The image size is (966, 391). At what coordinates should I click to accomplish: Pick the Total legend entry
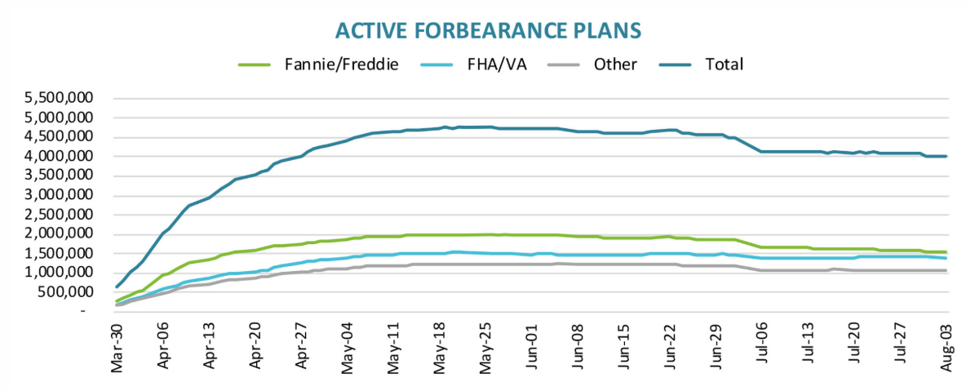click(721, 64)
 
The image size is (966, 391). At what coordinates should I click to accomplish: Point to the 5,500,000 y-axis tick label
click(61, 98)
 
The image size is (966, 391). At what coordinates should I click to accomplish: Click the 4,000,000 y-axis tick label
click(61, 156)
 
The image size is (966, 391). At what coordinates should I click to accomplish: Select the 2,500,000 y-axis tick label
click(61, 214)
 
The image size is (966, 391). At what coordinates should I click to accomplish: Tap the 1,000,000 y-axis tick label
click(61, 272)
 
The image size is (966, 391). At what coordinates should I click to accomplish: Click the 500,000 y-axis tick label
click(69, 291)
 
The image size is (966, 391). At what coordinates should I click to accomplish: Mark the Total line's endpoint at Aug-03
click(946, 156)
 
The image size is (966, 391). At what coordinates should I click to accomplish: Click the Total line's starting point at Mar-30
click(117, 287)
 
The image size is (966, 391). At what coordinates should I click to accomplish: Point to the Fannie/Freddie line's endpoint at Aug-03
click(946, 252)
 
